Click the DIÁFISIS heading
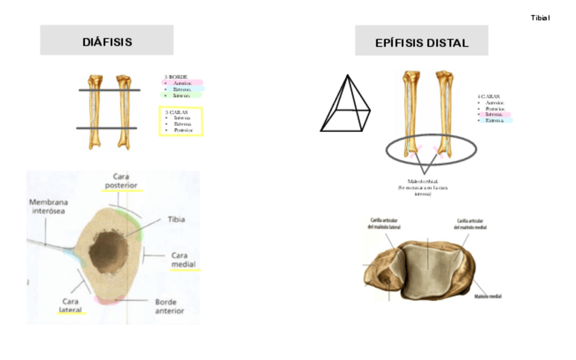click(107, 42)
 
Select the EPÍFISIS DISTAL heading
click(421, 43)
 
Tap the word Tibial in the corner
click(540, 18)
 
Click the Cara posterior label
click(122, 181)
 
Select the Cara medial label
click(184, 260)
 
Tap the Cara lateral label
click(71, 306)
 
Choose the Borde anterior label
click(169, 306)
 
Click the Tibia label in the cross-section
click(176, 219)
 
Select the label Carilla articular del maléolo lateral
click(384, 223)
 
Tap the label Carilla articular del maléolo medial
click(471, 223)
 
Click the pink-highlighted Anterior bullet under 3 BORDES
click(181, 83)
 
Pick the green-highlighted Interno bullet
click(181, 95)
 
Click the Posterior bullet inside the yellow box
click(183, 130)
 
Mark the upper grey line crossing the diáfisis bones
click(109, 90)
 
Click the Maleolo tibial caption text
click(422, 181)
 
